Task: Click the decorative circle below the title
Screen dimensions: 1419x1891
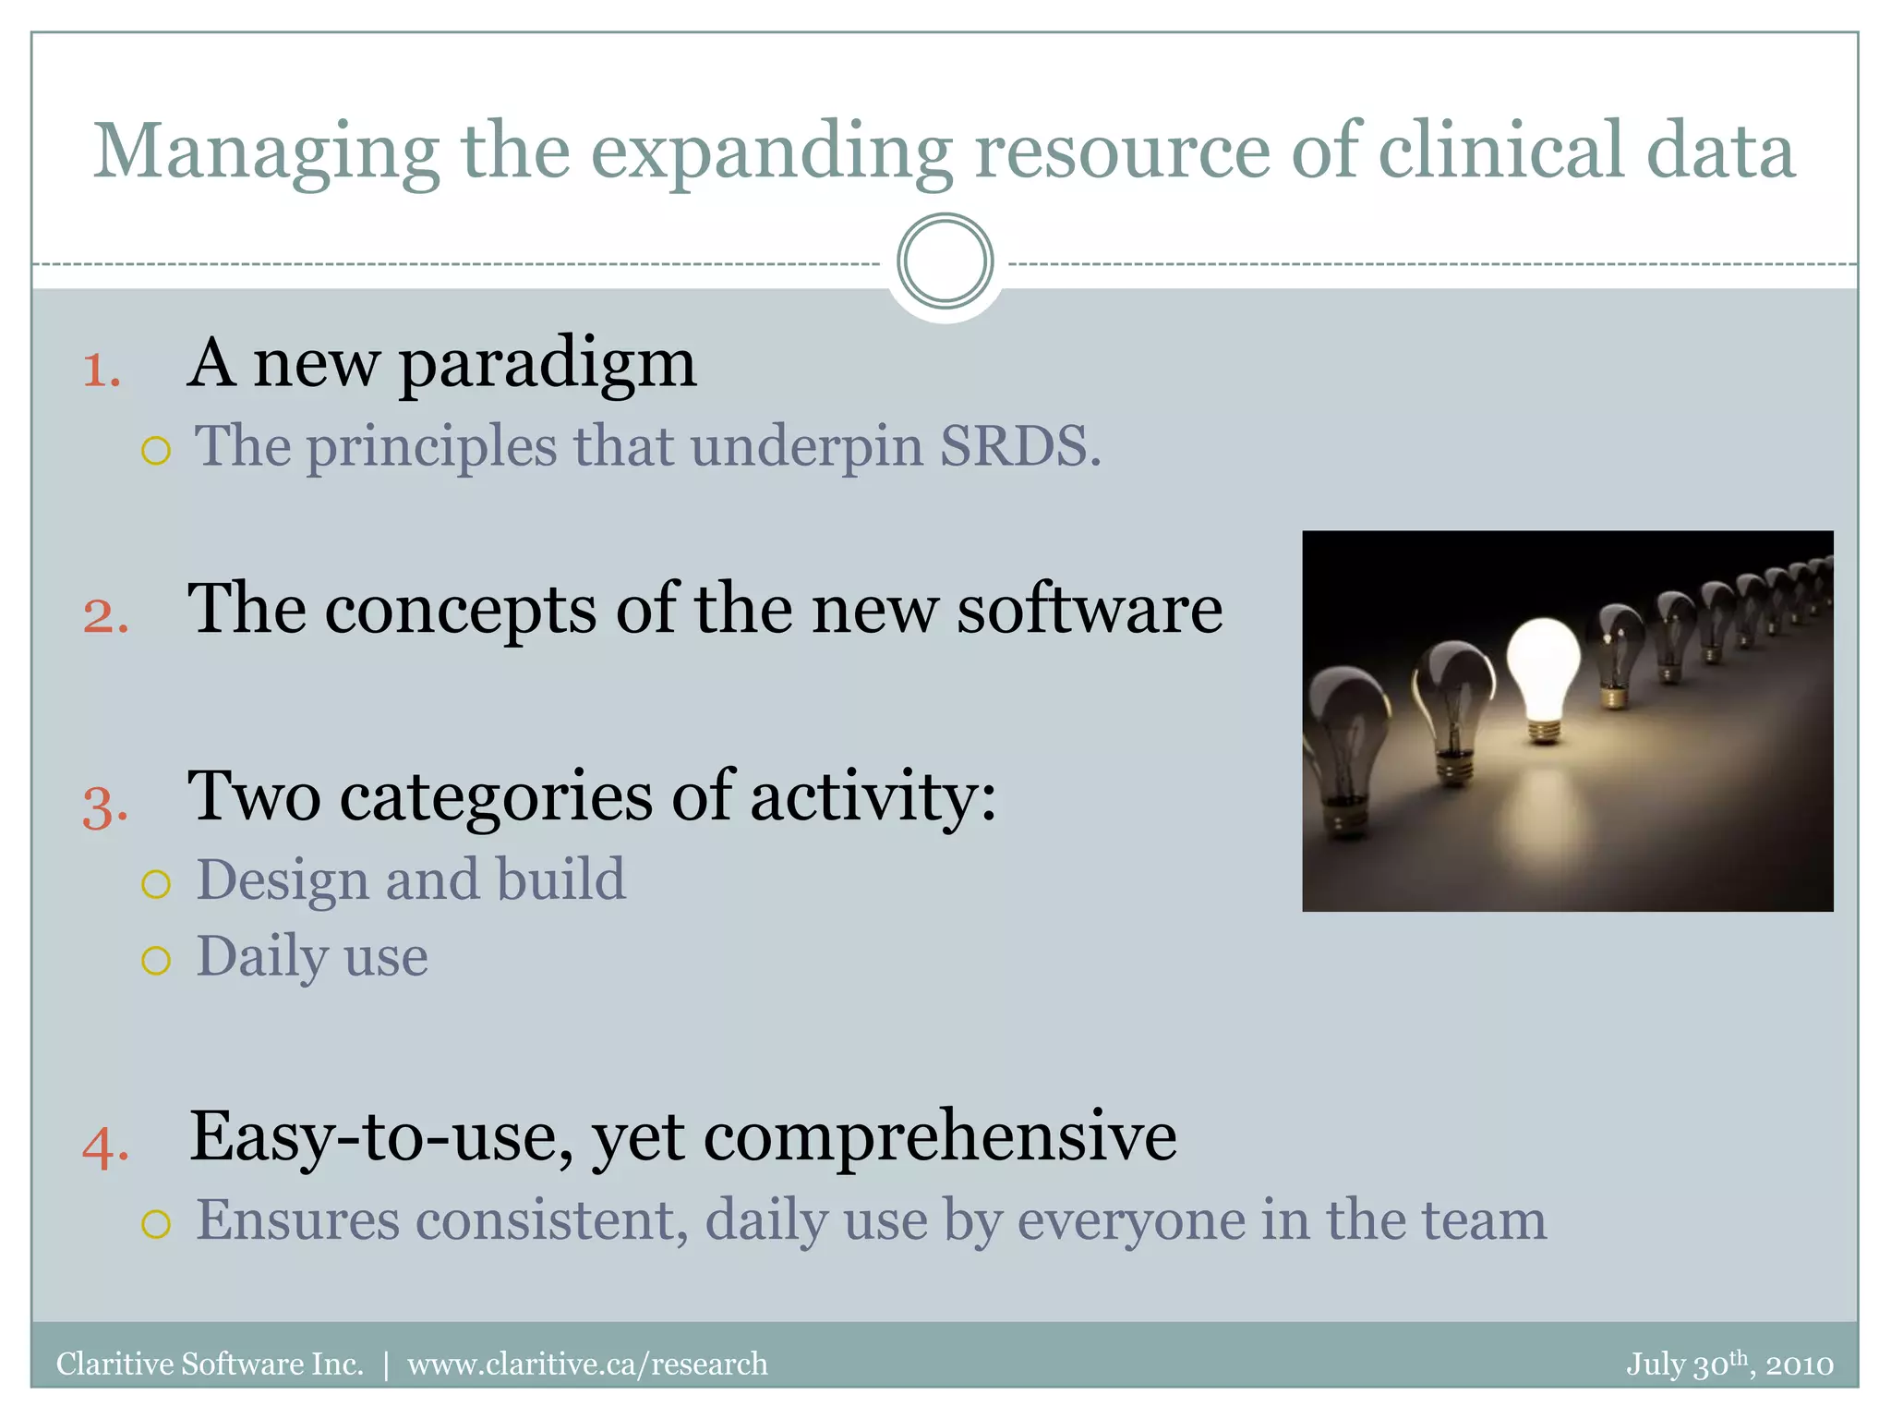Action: [x=945, y=261]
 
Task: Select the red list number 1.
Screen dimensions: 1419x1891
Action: [x=102, y=371]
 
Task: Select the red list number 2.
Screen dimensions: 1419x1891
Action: [x=105, y=616]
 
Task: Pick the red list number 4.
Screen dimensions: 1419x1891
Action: [x=105, y=1147]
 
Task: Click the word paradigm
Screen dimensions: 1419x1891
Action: [x=548, y=365]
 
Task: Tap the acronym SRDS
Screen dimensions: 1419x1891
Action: [x=1019, y=446]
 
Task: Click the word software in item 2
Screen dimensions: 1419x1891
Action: [x=1089, y=610]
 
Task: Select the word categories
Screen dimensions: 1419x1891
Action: [x=496, y=796]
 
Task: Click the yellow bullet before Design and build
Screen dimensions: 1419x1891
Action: [x=156, y=884]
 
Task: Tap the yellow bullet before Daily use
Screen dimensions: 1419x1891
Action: [x=156, y=961]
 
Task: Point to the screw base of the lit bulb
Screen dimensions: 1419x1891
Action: [x=1544, y=731]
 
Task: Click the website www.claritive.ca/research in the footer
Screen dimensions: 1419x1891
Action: [x=587, y=1364]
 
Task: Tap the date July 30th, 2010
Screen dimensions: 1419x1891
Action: [x=1728, y=1364]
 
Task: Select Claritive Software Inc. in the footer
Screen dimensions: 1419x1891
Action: [x=210, y=1364]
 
